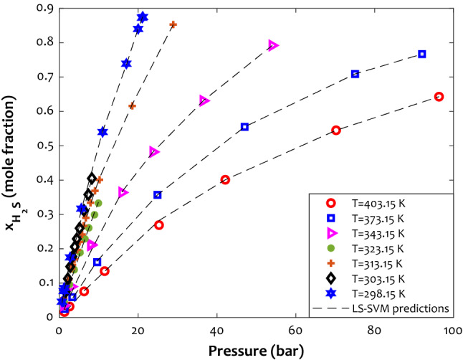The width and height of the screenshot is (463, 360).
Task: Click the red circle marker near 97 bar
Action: tap(439, 97)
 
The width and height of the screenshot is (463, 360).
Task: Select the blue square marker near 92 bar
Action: tap(422, 55)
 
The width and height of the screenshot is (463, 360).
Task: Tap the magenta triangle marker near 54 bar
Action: tap(273, 45)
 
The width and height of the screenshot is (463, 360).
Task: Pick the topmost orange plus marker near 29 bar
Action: tap(173, 24)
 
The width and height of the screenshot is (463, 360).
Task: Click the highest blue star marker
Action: tap(143, 17)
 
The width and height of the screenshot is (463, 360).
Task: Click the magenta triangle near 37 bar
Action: tap(204, 100)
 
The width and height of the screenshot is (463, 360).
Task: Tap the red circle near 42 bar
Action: tap(225, 180)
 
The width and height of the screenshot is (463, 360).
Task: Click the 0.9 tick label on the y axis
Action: tap(44, 8)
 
